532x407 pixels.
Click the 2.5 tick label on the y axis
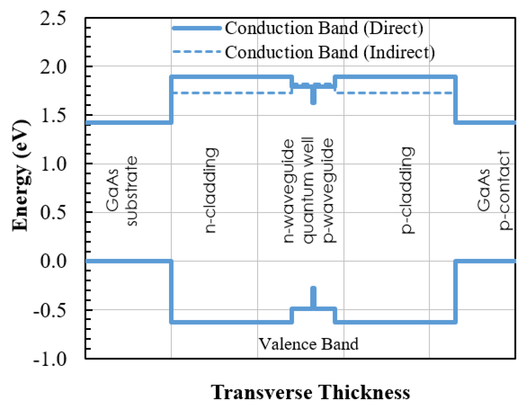click(x=53, y=19)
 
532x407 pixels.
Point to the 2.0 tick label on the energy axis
click(x=53, y=67)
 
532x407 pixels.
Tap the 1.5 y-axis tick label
click(x=53, y=116)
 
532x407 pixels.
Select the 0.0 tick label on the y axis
click(x=53, y=261)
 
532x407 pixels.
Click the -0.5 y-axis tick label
click(x=50, y=310)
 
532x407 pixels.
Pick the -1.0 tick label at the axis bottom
click(x=50, y=359)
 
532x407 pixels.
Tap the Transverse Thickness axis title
click(x=310, y=392)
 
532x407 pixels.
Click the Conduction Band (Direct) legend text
click(x=324, y=28)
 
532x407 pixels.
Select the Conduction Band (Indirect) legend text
click(x=330, y=52)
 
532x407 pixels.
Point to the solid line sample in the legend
click(x=197, y=28)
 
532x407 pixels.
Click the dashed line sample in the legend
click(x=197, y=52)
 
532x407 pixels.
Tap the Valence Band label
click(x=309, y=344)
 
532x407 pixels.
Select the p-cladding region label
click(x=408, y=190)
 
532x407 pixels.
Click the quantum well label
click(x=308, y=190)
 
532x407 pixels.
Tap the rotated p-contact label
click(x=504, y=190)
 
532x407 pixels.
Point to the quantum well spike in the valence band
click(x=313, y=297)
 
